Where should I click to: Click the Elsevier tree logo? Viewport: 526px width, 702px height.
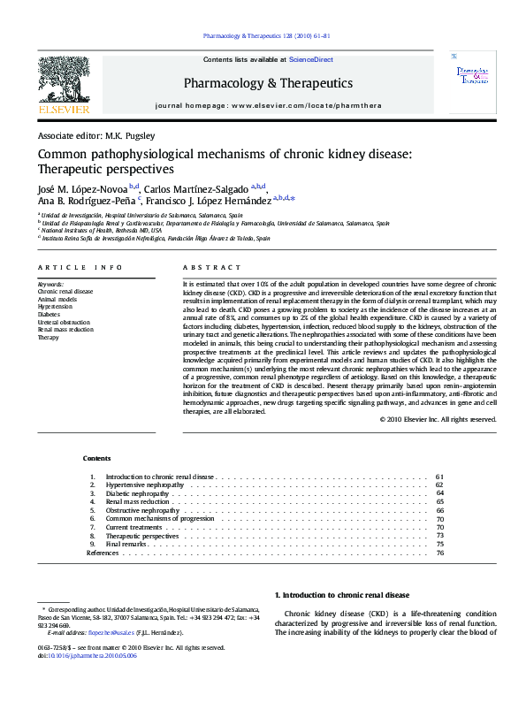point(65,85)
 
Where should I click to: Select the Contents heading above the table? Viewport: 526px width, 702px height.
point(97,458)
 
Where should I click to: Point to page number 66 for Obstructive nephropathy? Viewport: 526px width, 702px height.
point(439,510)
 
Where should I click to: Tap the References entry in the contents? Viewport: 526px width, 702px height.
point(102,553)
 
